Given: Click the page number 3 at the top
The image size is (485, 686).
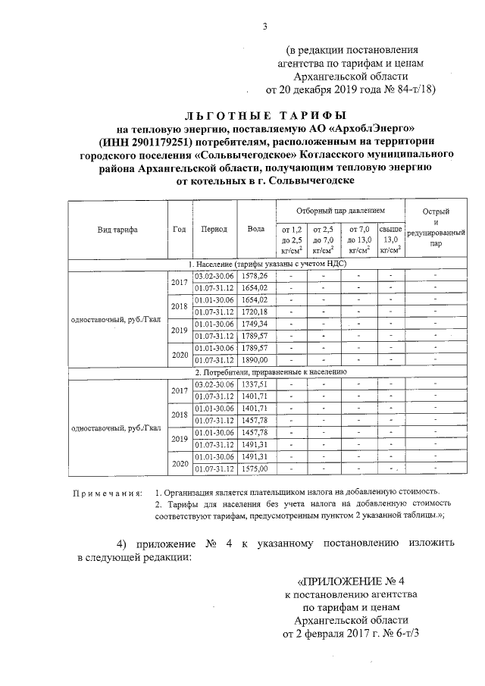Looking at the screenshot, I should click(x=265, y=28).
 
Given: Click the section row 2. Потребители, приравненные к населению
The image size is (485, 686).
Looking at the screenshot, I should click(x=271, y=372).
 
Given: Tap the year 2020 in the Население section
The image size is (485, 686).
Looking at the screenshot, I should click(x=179, y=353).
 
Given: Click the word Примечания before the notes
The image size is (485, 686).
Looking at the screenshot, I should click(x=107, y=493).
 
